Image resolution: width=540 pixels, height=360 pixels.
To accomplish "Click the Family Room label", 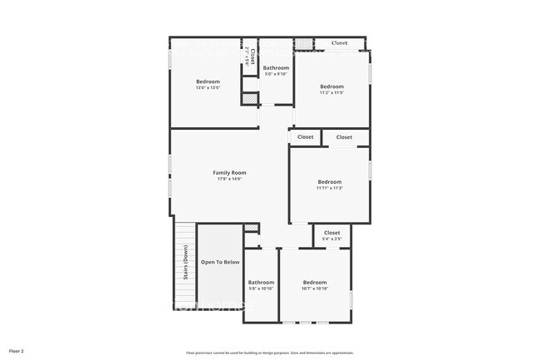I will click(x=229, y=172).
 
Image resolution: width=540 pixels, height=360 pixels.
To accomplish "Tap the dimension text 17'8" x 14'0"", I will click(x=229, y=179).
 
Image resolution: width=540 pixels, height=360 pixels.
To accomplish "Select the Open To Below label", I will click(x=220, y=262).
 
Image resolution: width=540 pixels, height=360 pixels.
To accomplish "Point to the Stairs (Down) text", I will click(x=178, y=269).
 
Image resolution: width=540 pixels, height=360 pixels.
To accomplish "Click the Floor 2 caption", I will click(x=17, y=352).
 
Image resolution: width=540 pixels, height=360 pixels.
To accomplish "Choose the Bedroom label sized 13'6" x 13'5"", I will click(x=208, y=81).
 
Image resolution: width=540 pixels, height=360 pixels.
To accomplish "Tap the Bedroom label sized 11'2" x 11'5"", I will click(x=331, y=86).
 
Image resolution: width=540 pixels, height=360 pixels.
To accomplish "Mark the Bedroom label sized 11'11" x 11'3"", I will click(x=329, y=182).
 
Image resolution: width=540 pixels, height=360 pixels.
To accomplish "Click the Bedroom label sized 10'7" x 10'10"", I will click(x=315, y=282).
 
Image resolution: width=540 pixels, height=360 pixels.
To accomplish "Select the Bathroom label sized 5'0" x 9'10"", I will click(x=276, y=68).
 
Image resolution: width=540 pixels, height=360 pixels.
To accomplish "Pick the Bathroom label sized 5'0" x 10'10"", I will click(x=261, y=282).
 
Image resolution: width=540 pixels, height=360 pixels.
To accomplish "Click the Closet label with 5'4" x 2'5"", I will click(x=331, y=233).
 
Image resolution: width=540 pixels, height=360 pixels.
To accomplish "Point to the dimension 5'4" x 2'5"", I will click(x=331, y=239).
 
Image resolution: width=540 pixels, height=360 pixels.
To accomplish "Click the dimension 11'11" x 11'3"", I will click(x=329, y=189).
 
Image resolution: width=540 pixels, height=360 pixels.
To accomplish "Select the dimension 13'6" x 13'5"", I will click(x=208, y=88).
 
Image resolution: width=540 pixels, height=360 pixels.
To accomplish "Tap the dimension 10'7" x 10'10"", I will click(x=315, y=288).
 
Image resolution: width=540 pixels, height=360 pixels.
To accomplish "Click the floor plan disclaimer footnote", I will click(x=270, y=352).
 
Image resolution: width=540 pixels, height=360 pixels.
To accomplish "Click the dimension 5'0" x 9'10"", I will click(x=276, y=75).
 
